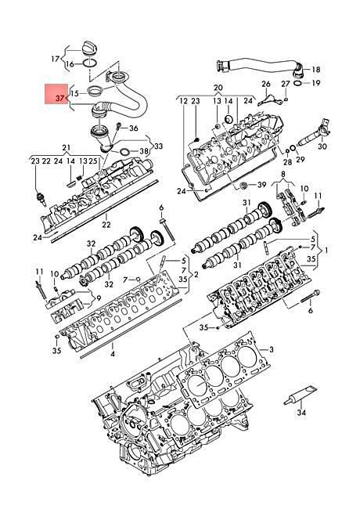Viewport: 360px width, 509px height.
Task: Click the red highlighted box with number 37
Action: pyautogui.click(x=56, y=94)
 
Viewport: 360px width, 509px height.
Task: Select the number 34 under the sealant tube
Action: pyautogui.click(x=301, y=413)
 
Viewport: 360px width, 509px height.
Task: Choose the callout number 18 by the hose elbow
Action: pyautogui.click(x=316, y=70)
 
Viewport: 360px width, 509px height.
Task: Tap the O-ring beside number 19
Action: pyautogui.click(x=297, y=84)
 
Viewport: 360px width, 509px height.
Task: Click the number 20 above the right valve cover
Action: pyautogui.click(x=218, y=88)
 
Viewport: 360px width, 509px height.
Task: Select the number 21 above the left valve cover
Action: pyautogui.click(x=67, y=148)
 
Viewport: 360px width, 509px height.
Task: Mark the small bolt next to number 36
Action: pyautogui.click(x=119, y=125)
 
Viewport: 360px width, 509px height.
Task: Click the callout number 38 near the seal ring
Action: pyautogui.click(x=143, y=151)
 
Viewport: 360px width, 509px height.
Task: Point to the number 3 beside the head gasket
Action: pyautogui.click(x=272, y=349)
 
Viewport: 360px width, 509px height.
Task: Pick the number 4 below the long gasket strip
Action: pyautogui.click(x=113, y=354)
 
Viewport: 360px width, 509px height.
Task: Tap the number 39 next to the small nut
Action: pyautogui.click(x=261, y=185)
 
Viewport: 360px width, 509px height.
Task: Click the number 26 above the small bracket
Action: pyautogui.click(x=266, y=84)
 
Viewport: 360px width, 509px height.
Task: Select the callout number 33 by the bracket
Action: pyautogui.click(x=158, y=146)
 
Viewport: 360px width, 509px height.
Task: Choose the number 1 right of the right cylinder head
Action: pyautogui.click(x=326, y=250)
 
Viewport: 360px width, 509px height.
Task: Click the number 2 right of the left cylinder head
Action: pyautogui.click(x=196, y=275)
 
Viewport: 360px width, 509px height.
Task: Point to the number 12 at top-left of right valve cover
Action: pyautogui.click(x=184, y=101)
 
